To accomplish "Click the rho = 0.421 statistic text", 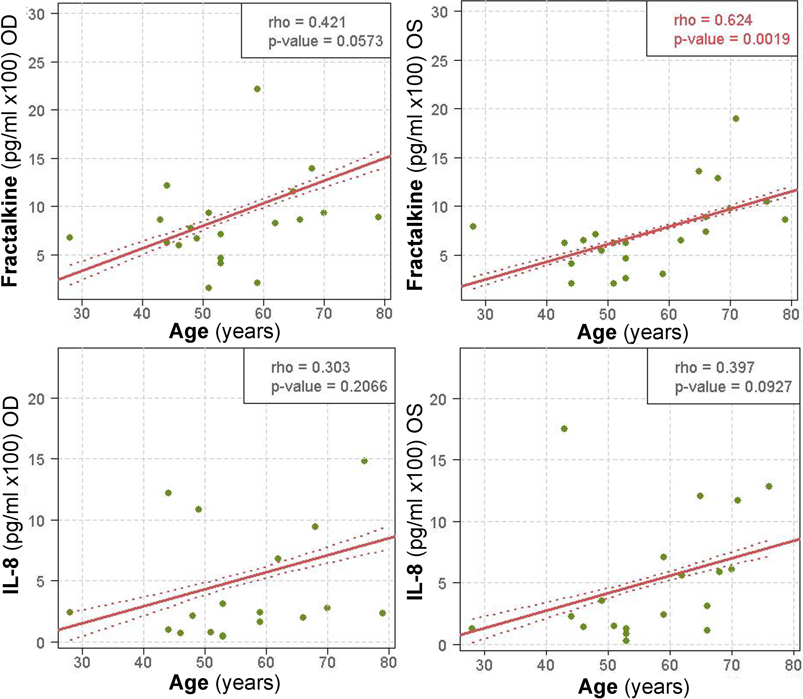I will coord(307,23).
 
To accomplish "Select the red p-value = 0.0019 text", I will coord(732,39).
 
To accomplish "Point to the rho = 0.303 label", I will coord(310,367).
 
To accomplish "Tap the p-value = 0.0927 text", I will coord(733,387).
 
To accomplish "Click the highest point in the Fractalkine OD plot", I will coord(257,89).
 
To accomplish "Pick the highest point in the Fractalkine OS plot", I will coord(736,119).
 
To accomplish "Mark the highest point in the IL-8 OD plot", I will coord(364,461).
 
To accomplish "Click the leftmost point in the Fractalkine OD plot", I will coord(70,237).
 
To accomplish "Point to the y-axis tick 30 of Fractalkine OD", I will coord(37,15).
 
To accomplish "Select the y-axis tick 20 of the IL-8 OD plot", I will coord(37,399).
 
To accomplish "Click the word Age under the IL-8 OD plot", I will coord(189,683).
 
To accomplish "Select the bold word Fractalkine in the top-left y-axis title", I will coord(10,231).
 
